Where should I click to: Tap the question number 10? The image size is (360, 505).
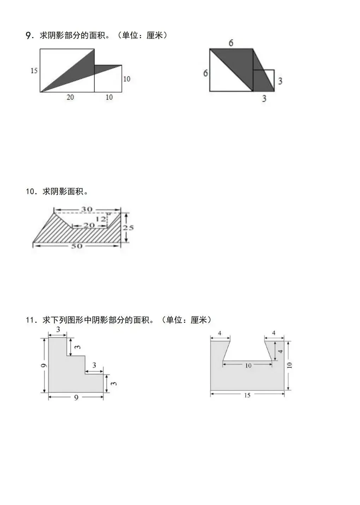coord(31,192)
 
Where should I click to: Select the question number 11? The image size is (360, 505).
coord(31,320)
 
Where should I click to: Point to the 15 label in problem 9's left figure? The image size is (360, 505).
coord(34,71)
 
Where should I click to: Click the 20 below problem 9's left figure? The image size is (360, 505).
coord(70,97)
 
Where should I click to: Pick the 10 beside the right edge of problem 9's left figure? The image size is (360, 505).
coord(127,79)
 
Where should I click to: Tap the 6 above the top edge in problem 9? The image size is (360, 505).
coord(231,43)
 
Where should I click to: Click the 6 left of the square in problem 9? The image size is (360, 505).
coord(205,73)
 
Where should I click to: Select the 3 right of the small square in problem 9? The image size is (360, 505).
coord(280,81)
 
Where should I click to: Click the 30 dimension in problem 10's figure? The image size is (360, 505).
coord(87,209)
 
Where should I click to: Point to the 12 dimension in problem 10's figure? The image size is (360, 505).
coord(101,219)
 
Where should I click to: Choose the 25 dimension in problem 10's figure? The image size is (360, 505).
coord(128,228)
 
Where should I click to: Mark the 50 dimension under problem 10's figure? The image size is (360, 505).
coord(77,246)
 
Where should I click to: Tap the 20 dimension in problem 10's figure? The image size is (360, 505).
coord(89,225)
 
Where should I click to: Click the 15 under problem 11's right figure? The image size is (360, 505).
coord(247,395)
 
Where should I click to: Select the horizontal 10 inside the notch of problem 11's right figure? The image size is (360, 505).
coord(248,366)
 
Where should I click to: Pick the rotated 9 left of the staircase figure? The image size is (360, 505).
coord(43,366)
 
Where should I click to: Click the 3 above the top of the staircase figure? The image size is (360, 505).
coord(58,329)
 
